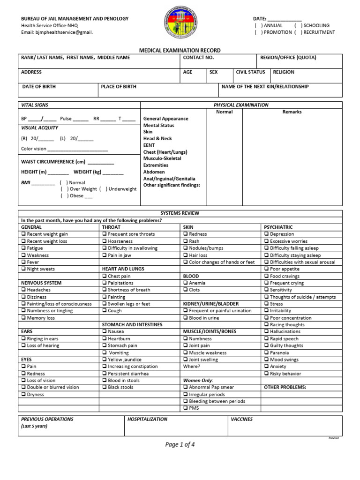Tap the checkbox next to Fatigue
(23, 248)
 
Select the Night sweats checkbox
(23, 269)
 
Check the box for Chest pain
(105, 276)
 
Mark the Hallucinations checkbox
(266, 332)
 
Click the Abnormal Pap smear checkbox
(186, 388)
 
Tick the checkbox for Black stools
(105, 388)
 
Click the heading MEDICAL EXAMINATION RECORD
(180, 50)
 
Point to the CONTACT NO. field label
(198, 58)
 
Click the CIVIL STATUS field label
(250, 72)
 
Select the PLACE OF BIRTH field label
(119, 87)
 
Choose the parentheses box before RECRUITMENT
(297, 32)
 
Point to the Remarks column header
(292, 112)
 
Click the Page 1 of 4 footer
(180, 445)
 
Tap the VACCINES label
(241, 419)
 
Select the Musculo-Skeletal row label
(162, 158)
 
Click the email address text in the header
(57, 32)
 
